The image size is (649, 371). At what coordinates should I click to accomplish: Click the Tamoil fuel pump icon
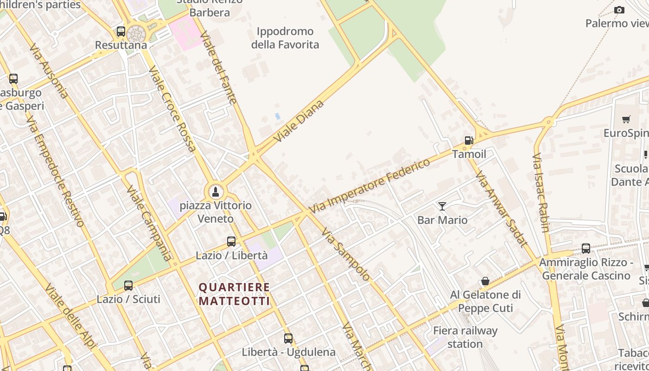pos(469,140)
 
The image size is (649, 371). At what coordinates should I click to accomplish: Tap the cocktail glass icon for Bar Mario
pos(442,206)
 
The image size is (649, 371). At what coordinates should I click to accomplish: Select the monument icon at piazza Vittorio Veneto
pos(215,191)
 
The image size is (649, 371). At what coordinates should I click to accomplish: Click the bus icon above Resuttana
pos(121,32)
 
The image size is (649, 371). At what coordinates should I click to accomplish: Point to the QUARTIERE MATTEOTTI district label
pos(234,294)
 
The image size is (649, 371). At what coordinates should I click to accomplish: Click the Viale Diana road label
pos(299,121)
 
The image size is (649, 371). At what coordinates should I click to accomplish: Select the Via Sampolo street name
pos(346,255)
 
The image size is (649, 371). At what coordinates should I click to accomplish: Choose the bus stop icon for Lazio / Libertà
pos(231,242)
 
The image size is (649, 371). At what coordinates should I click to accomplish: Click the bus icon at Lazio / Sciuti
pos(128,286)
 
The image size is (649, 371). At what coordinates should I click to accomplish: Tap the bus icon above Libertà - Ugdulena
pos(288,339)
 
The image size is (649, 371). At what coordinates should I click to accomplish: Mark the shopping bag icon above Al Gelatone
pos(485,281)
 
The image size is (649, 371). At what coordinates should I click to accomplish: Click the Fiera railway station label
pos(465,337)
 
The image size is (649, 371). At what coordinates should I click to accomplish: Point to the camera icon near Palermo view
pos(619,10)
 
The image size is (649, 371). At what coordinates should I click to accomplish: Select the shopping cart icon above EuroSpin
pos(626,119)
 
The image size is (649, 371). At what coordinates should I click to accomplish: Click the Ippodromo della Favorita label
pos(285,38)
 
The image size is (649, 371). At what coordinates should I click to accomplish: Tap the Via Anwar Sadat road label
pos(502,209)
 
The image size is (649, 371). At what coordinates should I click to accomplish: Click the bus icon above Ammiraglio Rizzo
pos(586,249)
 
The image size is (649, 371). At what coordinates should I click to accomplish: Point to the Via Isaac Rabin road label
pos(541,192)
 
